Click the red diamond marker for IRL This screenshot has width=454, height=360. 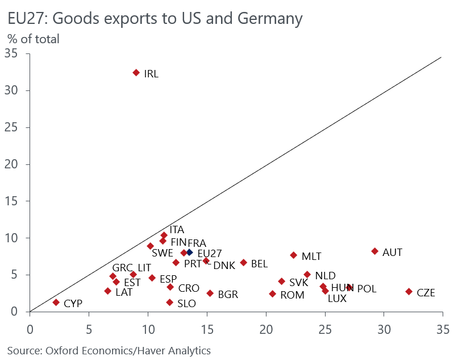click(136, 73)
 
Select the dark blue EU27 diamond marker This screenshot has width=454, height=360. click(190, 252)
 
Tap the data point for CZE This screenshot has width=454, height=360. click(409, 292)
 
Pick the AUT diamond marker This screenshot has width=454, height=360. click(374, 251)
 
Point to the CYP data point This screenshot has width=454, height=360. click(56, 303)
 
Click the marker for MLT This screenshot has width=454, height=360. click(293, 255)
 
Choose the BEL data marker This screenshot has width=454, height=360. click(243, 263)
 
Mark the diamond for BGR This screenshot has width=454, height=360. click(210, 293)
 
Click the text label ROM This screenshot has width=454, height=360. click(293, 295)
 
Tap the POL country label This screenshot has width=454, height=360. click(366, 289)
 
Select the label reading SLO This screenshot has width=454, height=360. click(187, 304)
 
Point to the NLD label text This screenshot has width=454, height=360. click(325, 276)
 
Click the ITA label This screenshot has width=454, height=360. click(177, 230)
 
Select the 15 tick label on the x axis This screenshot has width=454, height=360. click(207, 329)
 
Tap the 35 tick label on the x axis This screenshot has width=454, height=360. click(443, 329)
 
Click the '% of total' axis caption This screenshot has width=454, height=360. click(33, 39)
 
